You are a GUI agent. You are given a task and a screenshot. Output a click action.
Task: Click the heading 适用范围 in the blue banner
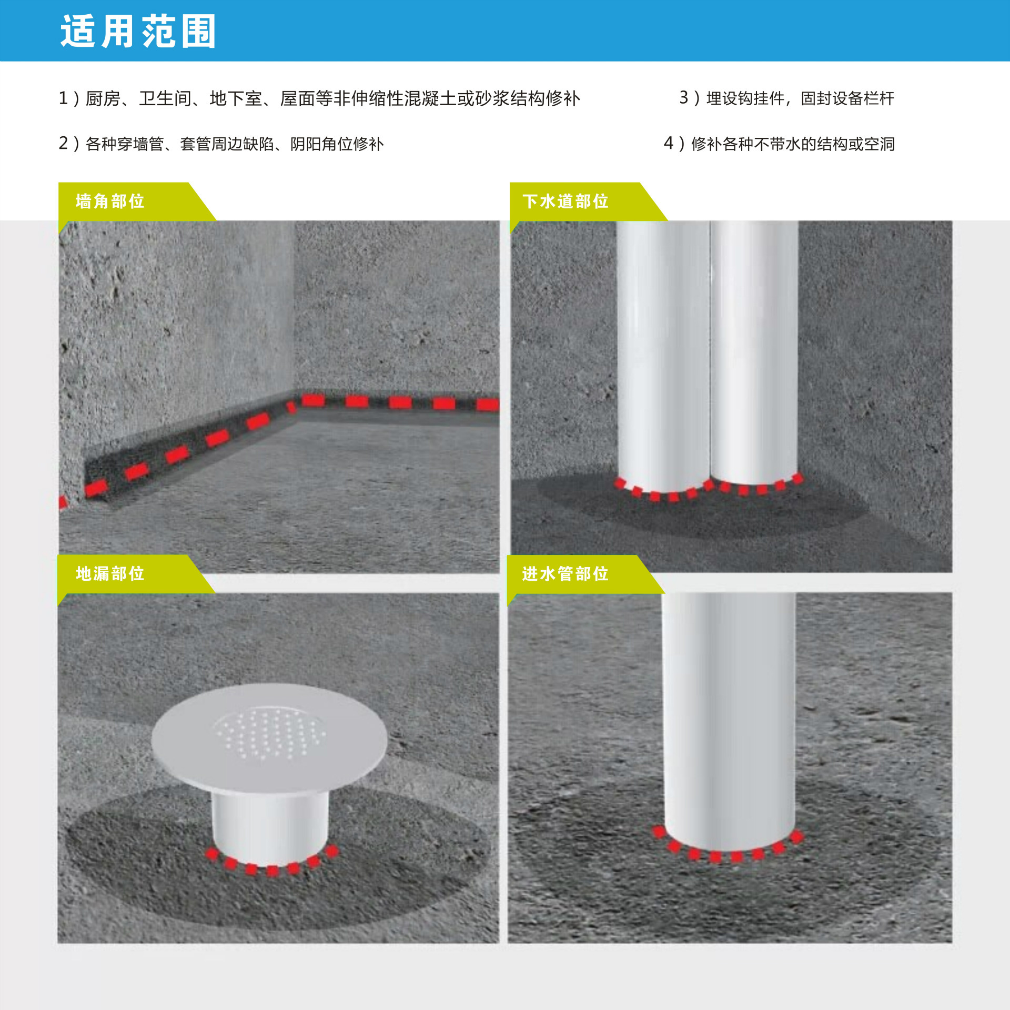tap(138, 32)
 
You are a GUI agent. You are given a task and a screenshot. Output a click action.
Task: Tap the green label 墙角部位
tap(110, 201)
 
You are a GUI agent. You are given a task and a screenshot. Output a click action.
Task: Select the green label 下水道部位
tap(565, 201)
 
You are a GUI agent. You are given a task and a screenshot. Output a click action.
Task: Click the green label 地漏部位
tap(110, 573)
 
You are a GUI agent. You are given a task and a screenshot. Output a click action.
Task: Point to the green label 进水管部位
tap(565, 573)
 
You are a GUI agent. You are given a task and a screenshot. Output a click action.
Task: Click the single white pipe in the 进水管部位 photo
tap(729, 721)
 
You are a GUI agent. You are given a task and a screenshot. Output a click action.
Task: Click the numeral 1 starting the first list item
tap(63, 98)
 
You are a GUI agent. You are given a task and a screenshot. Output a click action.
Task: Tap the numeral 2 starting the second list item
tap(64, 144)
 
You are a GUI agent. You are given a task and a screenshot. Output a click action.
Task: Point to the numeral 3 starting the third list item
tap(684, 98)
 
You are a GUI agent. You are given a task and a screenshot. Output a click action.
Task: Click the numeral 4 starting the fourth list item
tap(669, 144)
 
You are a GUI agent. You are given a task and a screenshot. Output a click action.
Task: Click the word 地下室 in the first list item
tap(236, 98)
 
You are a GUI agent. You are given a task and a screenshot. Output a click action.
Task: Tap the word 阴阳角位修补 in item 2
tap(337, 144)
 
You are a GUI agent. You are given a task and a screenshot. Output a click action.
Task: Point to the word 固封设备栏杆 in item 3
tap(847, 98)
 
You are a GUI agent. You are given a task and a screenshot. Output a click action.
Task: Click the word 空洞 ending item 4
tap(880, 144)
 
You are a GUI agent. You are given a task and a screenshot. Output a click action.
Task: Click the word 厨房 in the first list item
tap(103, 98)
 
